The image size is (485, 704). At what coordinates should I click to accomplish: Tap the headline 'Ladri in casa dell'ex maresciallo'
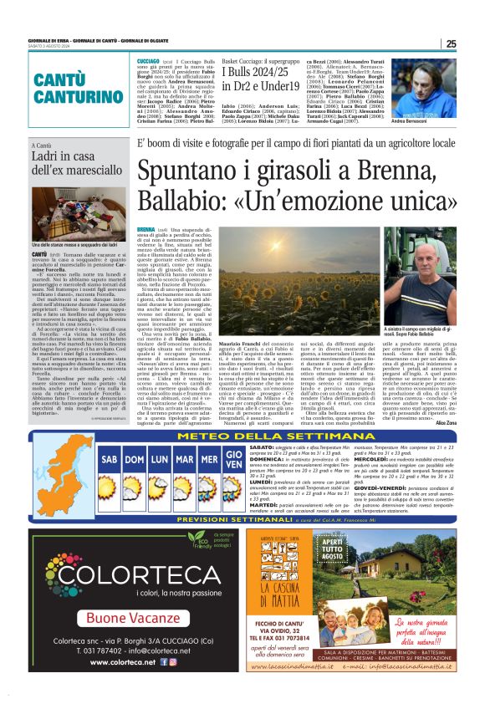71,171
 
